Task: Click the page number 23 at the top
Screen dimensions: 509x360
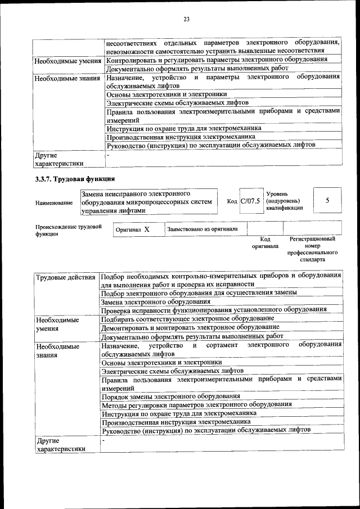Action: (187, 20)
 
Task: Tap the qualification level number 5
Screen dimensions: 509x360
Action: (327, 201)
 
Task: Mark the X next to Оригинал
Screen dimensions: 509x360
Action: (146, 229)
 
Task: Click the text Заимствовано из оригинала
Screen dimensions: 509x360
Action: (202, 229)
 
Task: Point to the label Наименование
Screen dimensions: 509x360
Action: (54, 202)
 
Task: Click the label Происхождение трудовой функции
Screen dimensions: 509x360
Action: (68, 231)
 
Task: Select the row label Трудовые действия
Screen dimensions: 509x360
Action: (65, 277)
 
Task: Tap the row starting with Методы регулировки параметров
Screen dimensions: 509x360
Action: (196, 404)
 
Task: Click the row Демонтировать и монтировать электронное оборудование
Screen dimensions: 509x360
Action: (190, 327)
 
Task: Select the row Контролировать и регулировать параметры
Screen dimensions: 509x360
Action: (217, 60)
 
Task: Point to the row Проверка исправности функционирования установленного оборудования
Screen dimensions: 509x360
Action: (214, 309)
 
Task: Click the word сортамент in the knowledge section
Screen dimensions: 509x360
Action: (222, 345)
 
